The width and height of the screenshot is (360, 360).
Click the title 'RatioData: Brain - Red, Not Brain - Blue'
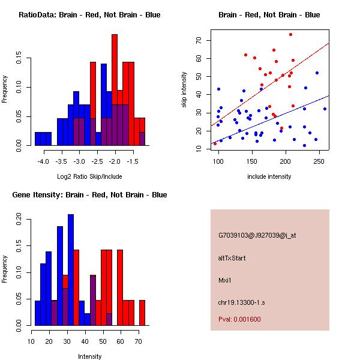89,15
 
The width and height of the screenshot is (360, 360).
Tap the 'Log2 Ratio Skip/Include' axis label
89,176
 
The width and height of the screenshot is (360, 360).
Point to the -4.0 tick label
43,161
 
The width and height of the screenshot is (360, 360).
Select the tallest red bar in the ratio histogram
115,90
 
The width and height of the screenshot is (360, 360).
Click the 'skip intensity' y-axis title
184,90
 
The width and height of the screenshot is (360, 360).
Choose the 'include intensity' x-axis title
269,176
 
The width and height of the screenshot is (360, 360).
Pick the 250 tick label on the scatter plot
319,161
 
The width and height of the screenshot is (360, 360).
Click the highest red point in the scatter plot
290,35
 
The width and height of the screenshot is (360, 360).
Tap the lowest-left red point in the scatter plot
215,144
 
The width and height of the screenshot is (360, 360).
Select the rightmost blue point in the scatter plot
325,109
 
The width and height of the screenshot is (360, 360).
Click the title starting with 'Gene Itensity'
89,195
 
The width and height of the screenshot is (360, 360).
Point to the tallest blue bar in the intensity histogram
71,270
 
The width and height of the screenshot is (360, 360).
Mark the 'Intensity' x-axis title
90,356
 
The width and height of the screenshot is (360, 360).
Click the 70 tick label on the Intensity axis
138,341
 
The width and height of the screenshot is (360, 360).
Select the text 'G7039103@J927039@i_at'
257,236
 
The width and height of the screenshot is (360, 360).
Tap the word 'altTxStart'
232,258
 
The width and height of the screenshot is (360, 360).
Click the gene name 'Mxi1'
225,280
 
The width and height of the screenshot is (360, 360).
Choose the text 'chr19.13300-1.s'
242,302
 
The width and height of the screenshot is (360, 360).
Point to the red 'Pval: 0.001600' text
239,319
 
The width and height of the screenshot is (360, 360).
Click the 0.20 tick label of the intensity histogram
19,219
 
